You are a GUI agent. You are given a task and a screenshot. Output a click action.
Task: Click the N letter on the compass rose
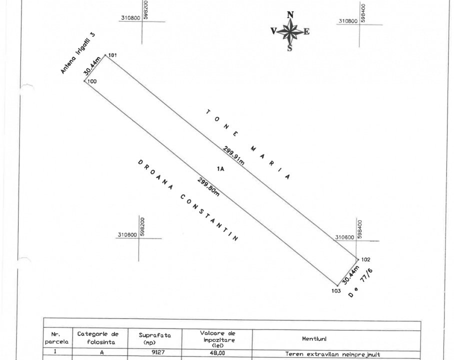(x=290, y=14)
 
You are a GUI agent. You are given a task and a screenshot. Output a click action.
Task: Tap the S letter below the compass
(x=290, y=48)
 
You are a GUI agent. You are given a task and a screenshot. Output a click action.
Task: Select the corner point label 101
(x=112, y=55)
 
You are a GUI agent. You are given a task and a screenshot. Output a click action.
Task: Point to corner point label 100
(x=91, y=81)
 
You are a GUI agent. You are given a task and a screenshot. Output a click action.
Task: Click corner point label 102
(x=365, y=259)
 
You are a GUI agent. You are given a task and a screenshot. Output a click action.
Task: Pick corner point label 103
(x=335, y=290)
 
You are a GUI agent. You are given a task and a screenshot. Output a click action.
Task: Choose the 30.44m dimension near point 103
(x=348, y=275)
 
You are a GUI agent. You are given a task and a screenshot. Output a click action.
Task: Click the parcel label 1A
(x=220, y=169)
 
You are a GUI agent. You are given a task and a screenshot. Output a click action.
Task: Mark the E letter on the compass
(x=306, y=31)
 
